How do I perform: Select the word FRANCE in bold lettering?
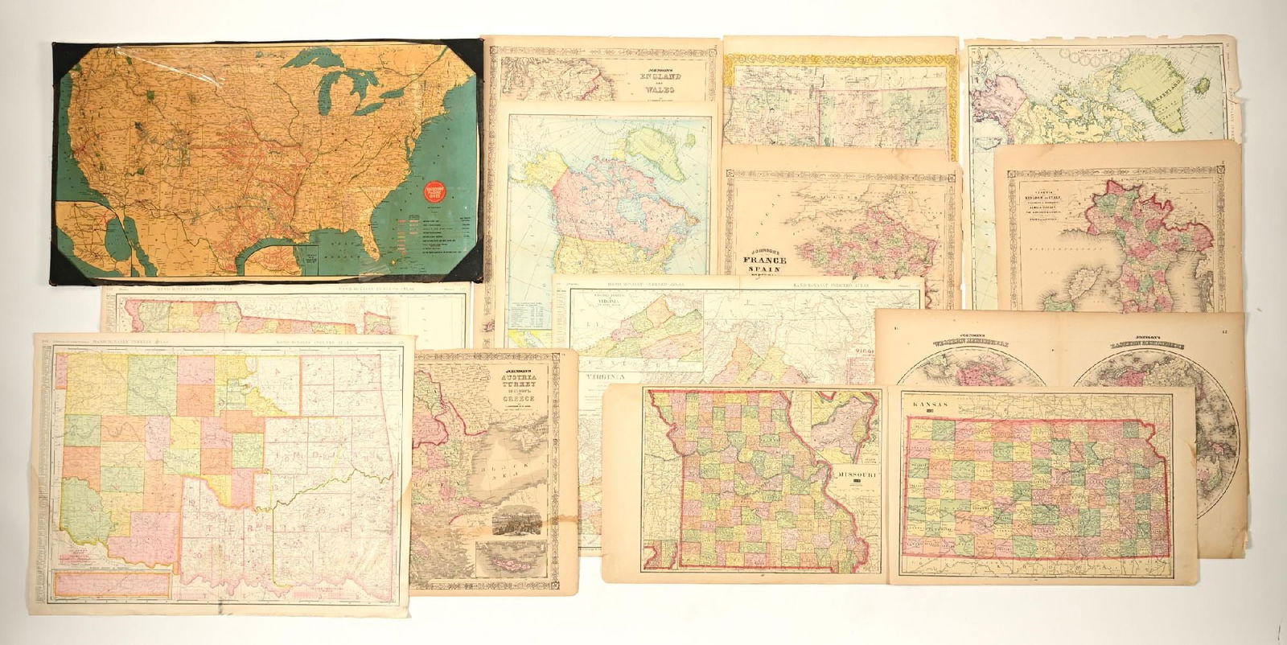764,262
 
